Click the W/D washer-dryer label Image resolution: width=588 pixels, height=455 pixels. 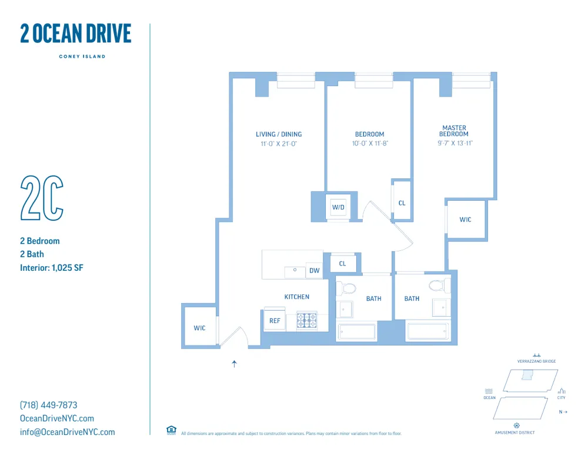point(338,207)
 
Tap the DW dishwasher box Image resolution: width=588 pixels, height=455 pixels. point(314,271)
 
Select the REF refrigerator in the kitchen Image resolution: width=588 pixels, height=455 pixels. point(275,321)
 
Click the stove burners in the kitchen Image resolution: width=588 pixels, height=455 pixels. point(306,320)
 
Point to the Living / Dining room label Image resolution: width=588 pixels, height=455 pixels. point(279,134)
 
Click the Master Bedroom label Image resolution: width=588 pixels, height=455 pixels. point(455,131)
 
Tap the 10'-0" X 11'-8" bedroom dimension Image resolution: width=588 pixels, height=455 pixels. point(369,143)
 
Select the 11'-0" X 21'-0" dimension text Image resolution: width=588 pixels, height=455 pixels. point(279,143)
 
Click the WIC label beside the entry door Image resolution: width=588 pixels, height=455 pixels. point(200,328)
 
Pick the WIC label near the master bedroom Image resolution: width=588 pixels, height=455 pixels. point(465,220)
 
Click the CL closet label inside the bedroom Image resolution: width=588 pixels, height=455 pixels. point(402,203)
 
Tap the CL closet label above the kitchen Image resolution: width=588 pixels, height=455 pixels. point(342,264)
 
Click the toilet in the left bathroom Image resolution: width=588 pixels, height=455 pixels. point(348,288)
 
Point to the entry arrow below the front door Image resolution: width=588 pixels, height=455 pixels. point(234,364)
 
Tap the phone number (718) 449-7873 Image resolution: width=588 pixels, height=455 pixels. point(49,405)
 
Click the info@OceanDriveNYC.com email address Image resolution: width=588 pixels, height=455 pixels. point(68,432)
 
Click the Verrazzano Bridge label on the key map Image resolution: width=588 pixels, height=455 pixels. point(536,361)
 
